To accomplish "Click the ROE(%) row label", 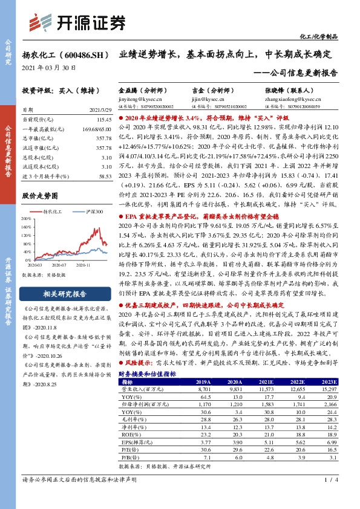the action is pyautogui.click(x=131, y=433).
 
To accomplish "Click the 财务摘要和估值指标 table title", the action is pyautogui.click(x=147, y=374).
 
